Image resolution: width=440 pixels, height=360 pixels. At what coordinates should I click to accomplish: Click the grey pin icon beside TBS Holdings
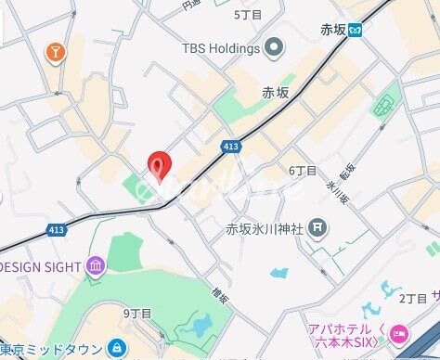[x=274, y=45]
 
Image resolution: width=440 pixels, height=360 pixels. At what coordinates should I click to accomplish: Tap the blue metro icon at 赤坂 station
[x=355, y=30]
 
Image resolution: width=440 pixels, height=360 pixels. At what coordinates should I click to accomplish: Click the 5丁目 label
[x=248, y=14]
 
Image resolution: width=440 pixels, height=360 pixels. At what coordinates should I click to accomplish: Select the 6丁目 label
[x=303, y=171]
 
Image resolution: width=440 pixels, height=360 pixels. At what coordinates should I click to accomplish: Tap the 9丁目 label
[x=136, y=313]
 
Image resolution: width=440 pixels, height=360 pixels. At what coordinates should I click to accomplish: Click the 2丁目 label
[x=412, y=298]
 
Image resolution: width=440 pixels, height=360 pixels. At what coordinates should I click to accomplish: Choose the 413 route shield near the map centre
[x=232, y=147]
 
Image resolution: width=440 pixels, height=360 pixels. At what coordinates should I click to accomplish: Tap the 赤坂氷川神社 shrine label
[x=265, y=227]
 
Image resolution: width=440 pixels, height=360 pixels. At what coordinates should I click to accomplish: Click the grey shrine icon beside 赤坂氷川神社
[x=317, y=226]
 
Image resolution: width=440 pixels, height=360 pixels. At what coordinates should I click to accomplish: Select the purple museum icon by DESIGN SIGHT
[x=96, y=268]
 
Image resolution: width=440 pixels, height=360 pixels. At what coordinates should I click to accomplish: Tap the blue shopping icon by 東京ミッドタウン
[x=117, y=349]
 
